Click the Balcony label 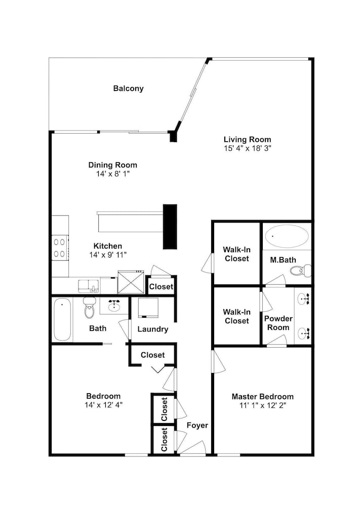pyautogui.click(x=128, y=89)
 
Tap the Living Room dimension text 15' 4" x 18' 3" pyautogui.click(x=247, y=148)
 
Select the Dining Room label pyautogui.click(x=113, y=165)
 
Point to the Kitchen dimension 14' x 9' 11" pyautogui.click(x=108, y=255)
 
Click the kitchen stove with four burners pyautogui.click(x=60, y=248)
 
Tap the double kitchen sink pyautogui.click(x=88, y=286)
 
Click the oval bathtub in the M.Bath pyautogui.click(x=287, y=236)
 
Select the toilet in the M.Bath pyautogui.click(x=301, y=270)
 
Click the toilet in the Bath pyautogui.click(x=90, y=307)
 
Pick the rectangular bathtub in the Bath pyautogui.click(x=62, y=319)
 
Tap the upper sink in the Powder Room pyautogui.click(x=303, y=299)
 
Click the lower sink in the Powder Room pyautogui.click(x=303, y=333)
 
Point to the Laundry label pyautogui.click(x=153, y=329)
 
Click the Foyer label pyautogui.click(x=197, y=426)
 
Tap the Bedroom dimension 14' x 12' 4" pyautogui.click(x=103, y=405)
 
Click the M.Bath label pyautogui.click(x=283, y=260)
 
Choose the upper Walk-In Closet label pyautogui.click(x=236, y=254)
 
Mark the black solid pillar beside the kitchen pyautogui.click(x=170, y=227)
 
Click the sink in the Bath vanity pyautogui.click(x=114, y=305)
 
